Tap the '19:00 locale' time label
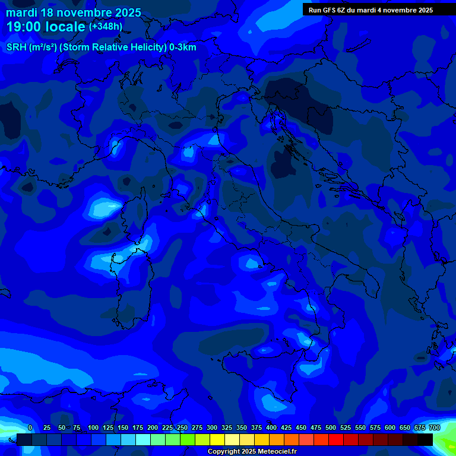pyautogui.click(x=46, y=27)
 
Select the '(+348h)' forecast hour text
pyautogui.click(x=106, y=27)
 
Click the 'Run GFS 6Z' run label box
pyautogui.click(x=371, y=10)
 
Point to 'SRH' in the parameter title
pyautogui.click(x=17, y=47)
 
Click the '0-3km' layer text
pyautogui.click(x=182, y=47)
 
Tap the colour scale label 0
pyautogui.click(x=30, y=427)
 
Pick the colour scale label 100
pyautogui.click(x=93, y=427)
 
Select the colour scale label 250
pyautogui.click(x=182, y=427)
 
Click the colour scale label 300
pyautogui.click(x=212, y=427)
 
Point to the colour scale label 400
pyautogui.click(x=271, y=427)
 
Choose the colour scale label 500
pyautogui.click(x=331, y=427)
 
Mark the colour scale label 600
pyautogui.click(x=390, y=427)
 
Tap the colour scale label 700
pyautogui.click(x=434, y=427)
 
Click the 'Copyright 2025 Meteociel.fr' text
pyautogui.click(x=252, y=452)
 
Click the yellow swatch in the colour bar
pyautogui.click(x=217, y=440)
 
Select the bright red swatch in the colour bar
pyautogui.click(x=336, y=440)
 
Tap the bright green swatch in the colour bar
pyautogui.click(x=188, y=440)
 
